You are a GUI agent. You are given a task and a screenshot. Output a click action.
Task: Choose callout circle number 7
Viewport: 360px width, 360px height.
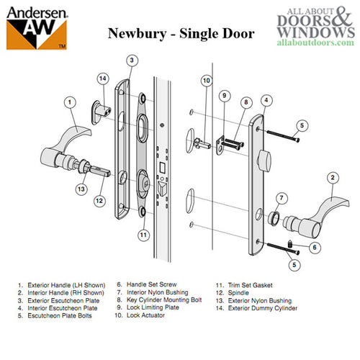282,197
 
